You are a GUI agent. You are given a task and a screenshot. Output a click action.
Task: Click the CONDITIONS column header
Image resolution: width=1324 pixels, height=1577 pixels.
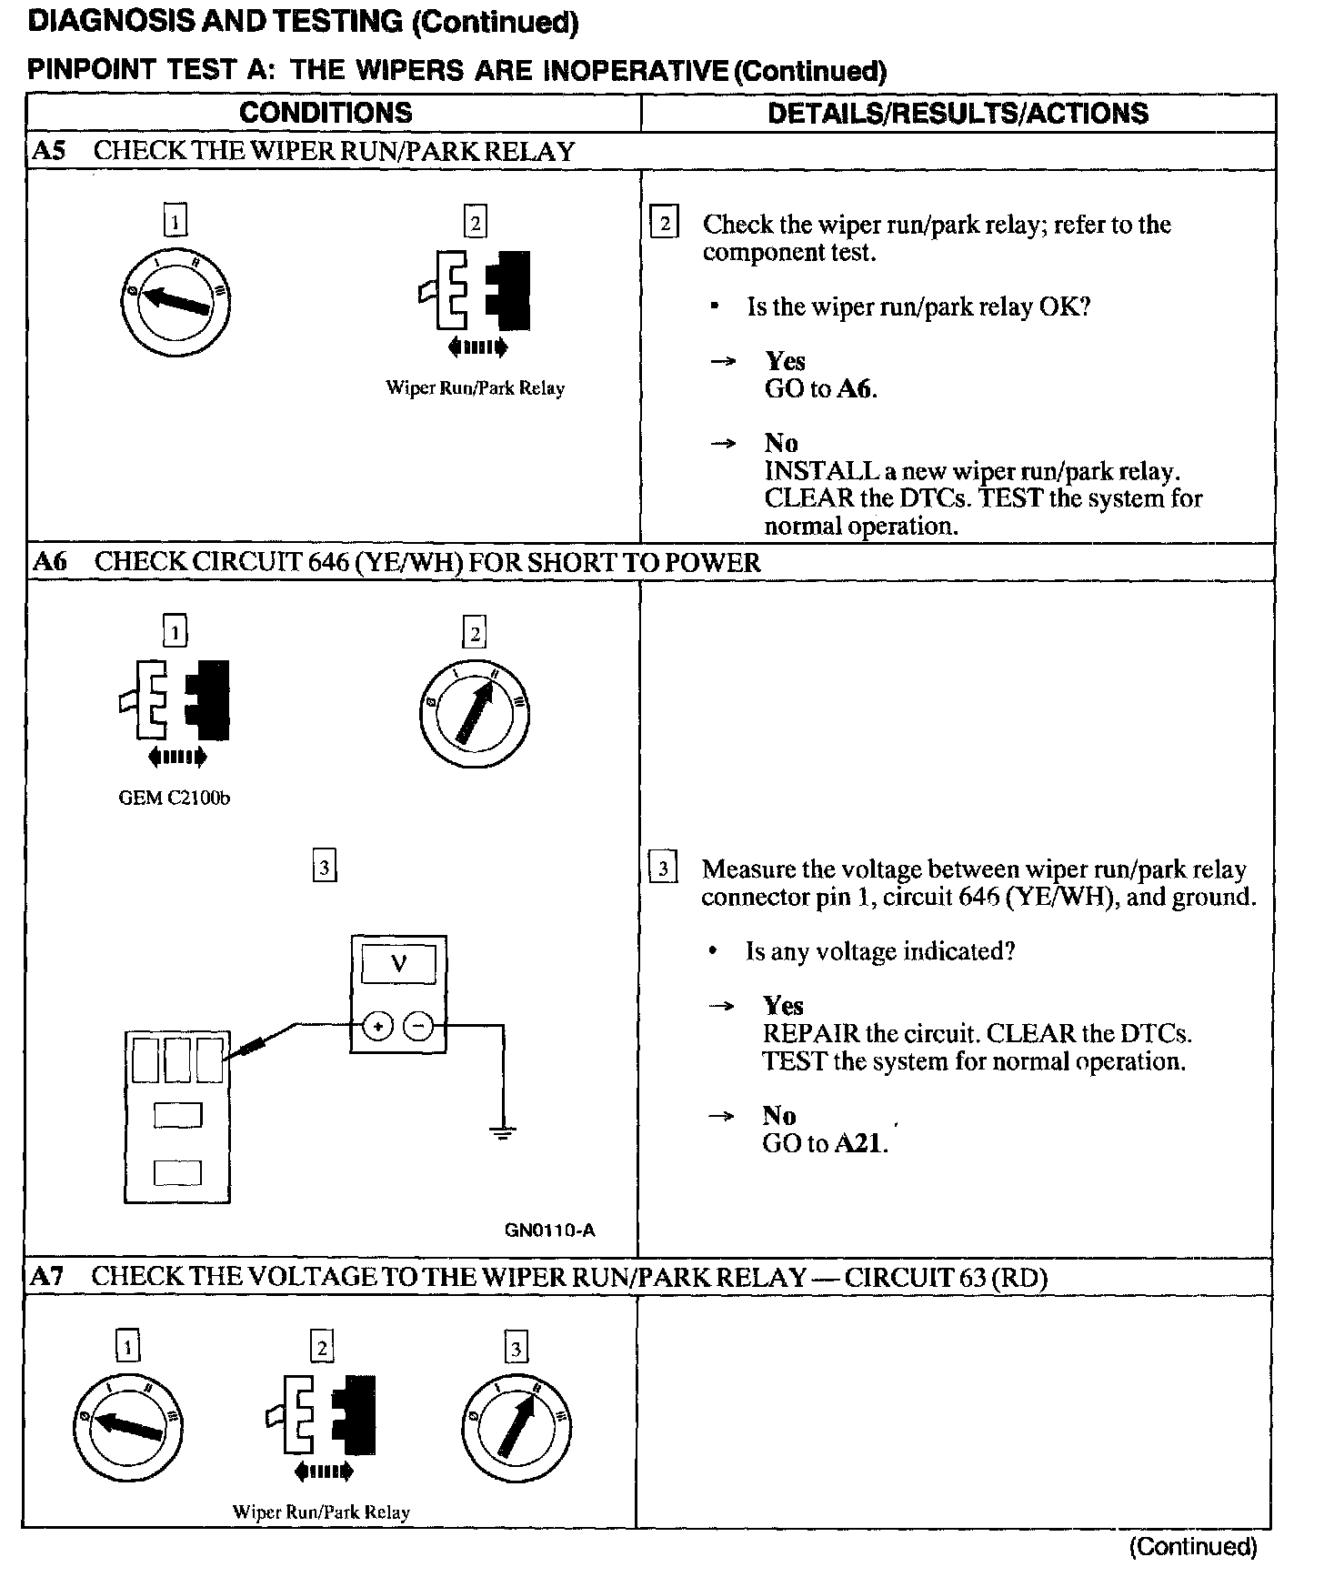[326, 113]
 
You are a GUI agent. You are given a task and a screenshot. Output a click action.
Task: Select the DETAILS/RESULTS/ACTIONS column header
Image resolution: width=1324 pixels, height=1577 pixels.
[958, 113]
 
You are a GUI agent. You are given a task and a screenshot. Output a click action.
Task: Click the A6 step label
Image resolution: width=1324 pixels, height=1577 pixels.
[49, 562]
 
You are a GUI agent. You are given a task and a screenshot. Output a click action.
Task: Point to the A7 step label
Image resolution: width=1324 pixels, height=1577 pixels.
[46, 1277]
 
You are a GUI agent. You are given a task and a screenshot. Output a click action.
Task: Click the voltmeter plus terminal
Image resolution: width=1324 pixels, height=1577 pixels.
[377, 1027]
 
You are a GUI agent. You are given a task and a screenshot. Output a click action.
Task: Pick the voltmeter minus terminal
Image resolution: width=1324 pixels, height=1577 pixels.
[418, 1027]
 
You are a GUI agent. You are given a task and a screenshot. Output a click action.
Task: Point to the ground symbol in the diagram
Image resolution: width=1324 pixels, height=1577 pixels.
[502, 1132]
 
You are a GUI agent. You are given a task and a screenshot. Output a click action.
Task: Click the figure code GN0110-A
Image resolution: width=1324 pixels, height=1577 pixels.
[549, 1230]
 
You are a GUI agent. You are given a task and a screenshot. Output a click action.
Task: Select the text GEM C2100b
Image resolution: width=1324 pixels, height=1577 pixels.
[175, 799]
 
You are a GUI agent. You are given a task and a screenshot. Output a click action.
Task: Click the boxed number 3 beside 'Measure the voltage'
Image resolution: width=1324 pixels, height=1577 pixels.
[663, 869]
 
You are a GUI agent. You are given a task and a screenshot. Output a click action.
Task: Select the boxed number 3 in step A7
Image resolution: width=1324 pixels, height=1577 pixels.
[516, 1348]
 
